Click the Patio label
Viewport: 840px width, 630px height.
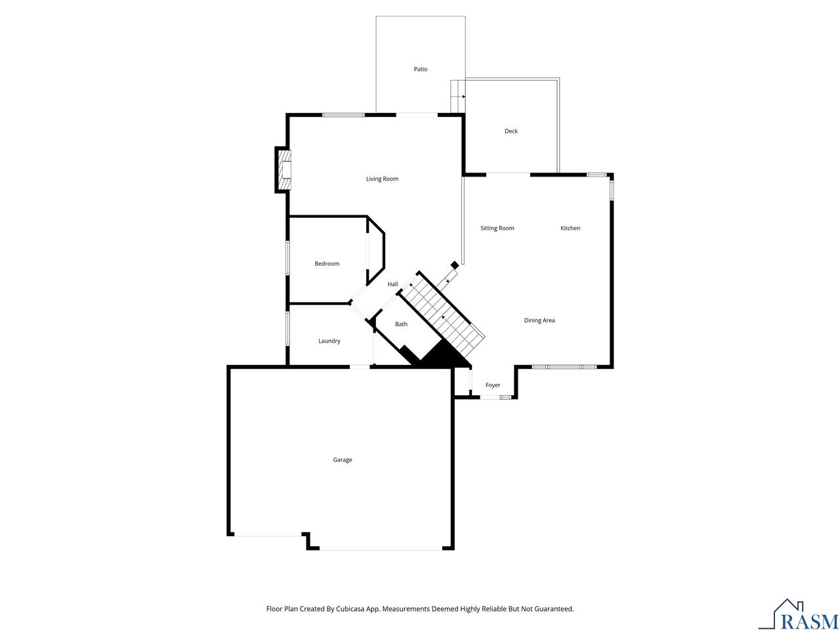420,70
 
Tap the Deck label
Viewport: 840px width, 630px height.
511,131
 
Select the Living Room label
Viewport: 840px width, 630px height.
382,178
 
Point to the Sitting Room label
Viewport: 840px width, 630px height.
497,228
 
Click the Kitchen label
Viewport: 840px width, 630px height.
570,228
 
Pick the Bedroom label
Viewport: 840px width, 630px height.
327,264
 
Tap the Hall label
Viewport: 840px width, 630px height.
392,284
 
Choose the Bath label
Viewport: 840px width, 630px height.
401,324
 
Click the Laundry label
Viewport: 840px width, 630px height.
329,341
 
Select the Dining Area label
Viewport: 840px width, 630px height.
539,320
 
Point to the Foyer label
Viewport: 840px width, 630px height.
493,385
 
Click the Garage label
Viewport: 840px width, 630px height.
342,460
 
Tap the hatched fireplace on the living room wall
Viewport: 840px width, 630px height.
284,170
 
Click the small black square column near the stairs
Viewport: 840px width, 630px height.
454,265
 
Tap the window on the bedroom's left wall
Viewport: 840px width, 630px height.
287,258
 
